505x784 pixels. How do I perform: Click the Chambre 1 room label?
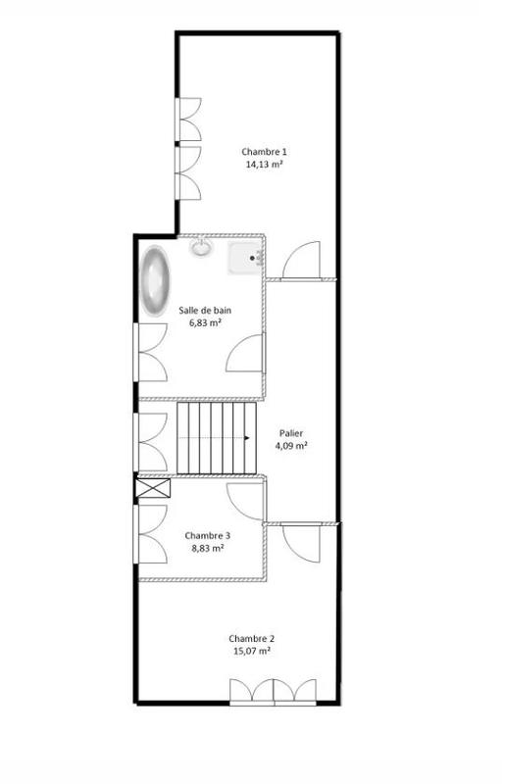point(265,152)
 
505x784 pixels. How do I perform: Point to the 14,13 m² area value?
point(265,165)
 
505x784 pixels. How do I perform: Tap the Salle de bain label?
point(206,310)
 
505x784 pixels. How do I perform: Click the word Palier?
point(290,432)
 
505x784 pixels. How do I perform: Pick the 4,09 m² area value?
point(290,445)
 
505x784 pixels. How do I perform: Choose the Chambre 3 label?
point(208,536)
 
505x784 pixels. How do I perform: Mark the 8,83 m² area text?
point(208,549)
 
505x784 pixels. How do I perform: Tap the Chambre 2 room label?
point(252,637)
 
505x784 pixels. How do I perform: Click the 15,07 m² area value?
point(252,650)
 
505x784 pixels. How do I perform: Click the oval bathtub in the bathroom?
point(156,281)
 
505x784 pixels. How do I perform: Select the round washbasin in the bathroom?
point(201,247)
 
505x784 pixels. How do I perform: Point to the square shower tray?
point(245,258)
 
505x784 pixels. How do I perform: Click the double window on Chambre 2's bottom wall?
point(275,692)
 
